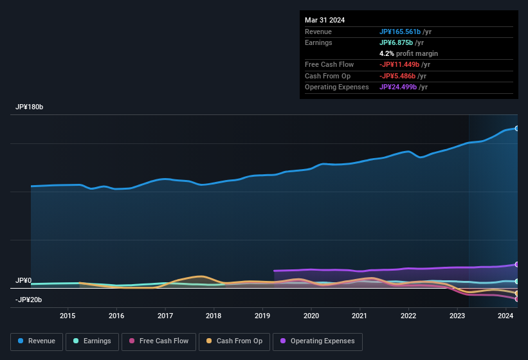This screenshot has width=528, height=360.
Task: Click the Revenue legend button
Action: [x=37, y=341]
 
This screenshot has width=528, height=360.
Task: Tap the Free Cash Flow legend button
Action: [x=159, y=341]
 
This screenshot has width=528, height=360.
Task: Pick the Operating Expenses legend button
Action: [x=318, y=341]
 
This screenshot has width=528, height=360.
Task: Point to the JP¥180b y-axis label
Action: [x=30, y=107]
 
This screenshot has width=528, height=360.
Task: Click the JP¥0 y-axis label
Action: [x=24, y=281]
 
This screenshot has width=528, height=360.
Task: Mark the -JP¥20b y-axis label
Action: [x=29, y=300]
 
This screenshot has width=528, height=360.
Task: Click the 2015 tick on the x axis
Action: [x=68, y=316]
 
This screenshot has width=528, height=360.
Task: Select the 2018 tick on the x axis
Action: [x=214, y=316]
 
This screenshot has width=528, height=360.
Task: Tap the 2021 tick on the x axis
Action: [x=360, y=316]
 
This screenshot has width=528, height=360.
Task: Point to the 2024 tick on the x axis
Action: [x=505, y=316]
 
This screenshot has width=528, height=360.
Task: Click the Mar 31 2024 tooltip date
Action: [x=325, y=20]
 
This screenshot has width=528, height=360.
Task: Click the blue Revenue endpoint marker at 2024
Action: [x=516, y=129]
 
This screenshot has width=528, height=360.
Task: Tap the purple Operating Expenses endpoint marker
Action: [x=516, y=265]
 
